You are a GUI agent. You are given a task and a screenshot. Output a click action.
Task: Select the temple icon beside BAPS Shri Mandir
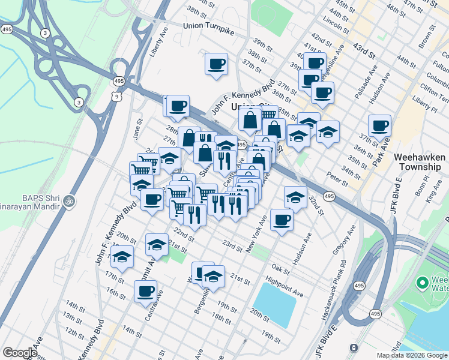pos(69,199)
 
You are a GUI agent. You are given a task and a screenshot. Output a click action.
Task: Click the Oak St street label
pos(280,268)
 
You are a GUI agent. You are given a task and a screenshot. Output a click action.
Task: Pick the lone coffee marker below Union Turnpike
pos(216,64)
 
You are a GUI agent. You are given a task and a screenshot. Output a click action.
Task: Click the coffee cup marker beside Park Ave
pos(379,126)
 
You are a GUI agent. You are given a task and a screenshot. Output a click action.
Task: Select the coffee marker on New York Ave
pos(282,219)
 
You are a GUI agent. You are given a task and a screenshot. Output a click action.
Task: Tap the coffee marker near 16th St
pos(145,292)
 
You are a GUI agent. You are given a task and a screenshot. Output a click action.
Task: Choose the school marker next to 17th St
pos(122,257)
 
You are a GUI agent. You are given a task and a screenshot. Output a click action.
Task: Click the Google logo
pos(20,353)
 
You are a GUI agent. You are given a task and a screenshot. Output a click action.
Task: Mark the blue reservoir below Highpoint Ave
pos(275,305)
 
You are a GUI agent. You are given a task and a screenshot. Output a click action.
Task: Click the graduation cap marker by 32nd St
pos(295,196)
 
